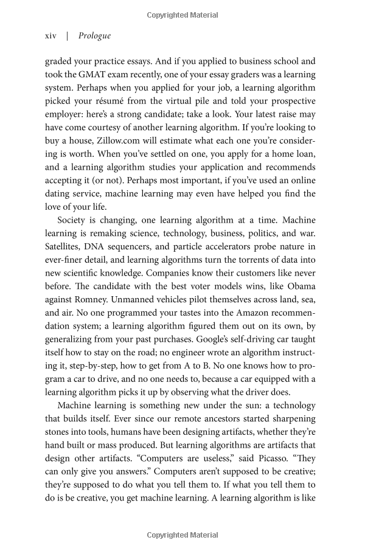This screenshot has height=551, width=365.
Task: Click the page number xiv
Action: click(x=50, y=36)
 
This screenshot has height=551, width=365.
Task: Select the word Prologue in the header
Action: click(x=94, y=36)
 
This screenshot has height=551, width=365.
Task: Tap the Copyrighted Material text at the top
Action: click(x=182, y=13)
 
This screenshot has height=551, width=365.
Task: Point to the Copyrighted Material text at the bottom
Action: click(x=182, y=535)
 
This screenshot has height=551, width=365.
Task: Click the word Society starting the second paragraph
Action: click(x=74, y=220)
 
